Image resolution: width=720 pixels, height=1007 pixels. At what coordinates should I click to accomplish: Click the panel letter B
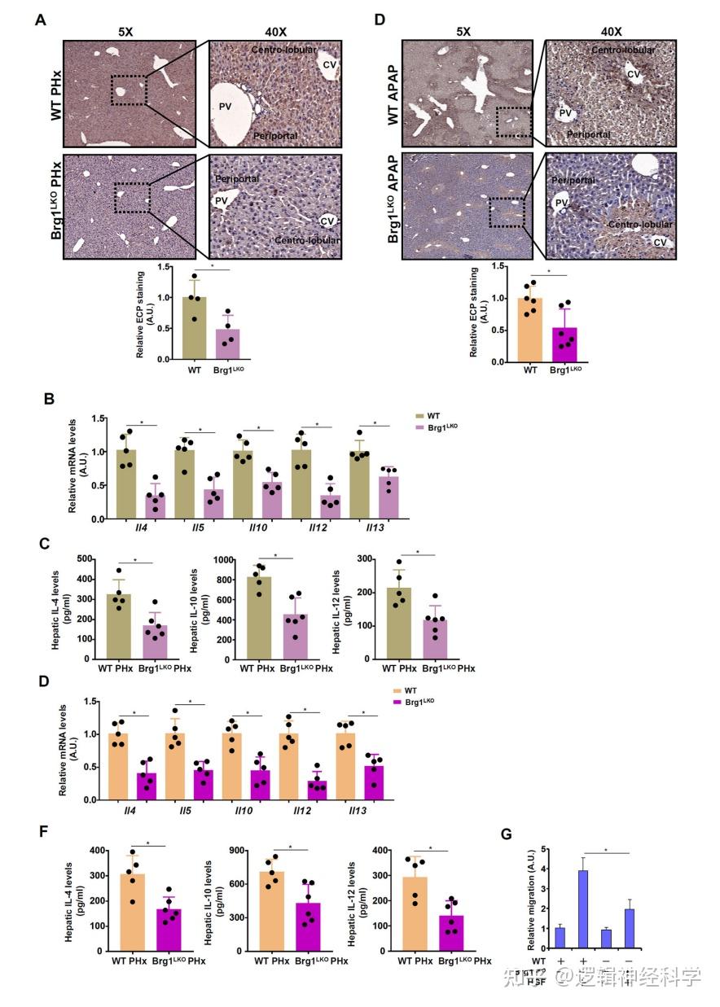click(x=49, y=400)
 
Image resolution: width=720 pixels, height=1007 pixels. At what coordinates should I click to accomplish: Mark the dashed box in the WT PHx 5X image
click(x=129, y=89)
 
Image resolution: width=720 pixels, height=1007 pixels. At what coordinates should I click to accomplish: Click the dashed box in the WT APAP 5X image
click(x=514, y=120)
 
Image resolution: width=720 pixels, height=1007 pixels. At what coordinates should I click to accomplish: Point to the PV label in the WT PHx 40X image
click(x=225, y=105)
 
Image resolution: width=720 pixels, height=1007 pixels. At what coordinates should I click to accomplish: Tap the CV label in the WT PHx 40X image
click(x=329, y=63)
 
